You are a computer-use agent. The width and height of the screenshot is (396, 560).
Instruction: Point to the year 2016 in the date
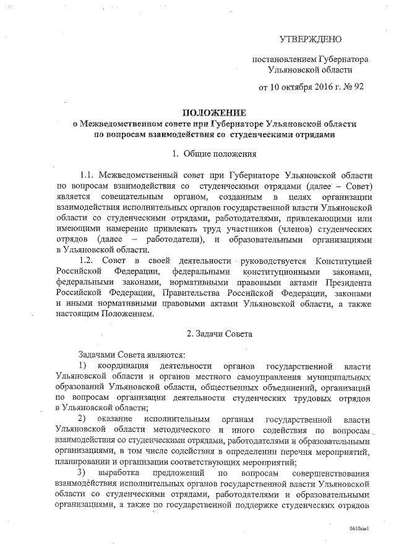click(x=319, y=87)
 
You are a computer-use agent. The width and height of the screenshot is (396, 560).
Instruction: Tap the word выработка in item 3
click(x=121, y=473)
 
